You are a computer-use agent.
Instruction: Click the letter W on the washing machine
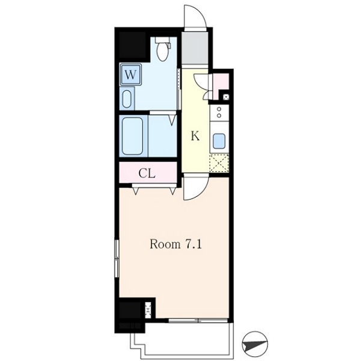pyautogui.click(x=130, y=75)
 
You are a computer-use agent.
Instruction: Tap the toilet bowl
pyautogui.click(x=163, y=52)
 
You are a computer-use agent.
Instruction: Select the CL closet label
pyautogui.click(x=147, y=174)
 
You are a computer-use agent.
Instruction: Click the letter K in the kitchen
pyautogui.click(x=195, y=136)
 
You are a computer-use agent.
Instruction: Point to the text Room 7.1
pyautogui.click(x=175, y=244)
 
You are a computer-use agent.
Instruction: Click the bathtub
pyautogui.click(x=132, y=136)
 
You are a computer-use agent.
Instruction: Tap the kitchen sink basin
pyautogui.click(x=219, y=141)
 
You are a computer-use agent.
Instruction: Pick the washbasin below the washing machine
pyautogui.click(x=127, y=99)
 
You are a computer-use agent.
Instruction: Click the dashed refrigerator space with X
pyautogui.click(x=219, y=163)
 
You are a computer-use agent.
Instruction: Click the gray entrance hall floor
pyautogui.click(x=195, y=48)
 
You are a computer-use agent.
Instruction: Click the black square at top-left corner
pyautogui.click(x=132, y=45)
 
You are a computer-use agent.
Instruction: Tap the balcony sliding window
pyautogui.click(x=198, y=320)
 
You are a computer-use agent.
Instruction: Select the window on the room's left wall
pyautogui.click(x=117, y=259)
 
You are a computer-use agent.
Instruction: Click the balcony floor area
pyautogui.click(x=187, y=338)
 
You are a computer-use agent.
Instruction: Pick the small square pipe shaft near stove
pyautogui.click(x=226, y=97)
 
